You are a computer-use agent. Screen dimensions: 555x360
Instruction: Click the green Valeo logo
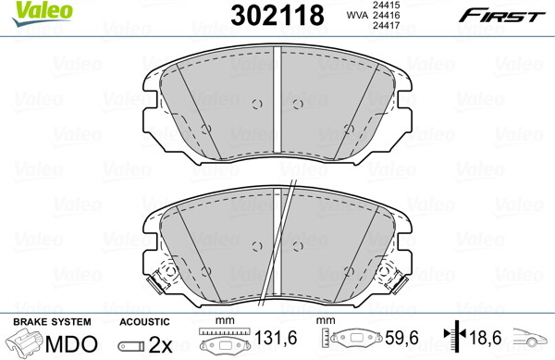(42, 13)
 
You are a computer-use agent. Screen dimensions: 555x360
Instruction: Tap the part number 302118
(277, 16)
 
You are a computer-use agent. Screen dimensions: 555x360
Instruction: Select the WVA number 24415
(386, 5)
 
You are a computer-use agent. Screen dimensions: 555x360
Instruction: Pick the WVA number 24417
(386, 25)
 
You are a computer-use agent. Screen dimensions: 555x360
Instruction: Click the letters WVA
(357, 15)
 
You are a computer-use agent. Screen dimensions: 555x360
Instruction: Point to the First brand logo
(502, 16)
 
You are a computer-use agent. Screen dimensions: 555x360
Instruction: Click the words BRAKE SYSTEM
(52, 322)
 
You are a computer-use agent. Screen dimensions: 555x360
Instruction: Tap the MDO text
(71, 343)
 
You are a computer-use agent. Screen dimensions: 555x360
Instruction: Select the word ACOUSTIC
(144, 322)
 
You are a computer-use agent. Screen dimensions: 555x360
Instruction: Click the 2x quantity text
(160, 344)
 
